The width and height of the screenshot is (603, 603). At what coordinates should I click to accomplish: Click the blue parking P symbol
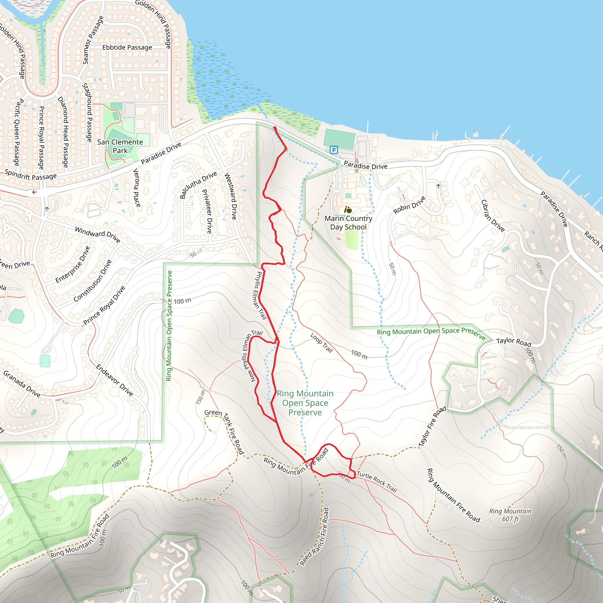(334, 150)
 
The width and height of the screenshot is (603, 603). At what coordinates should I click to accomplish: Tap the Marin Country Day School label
(348, 223)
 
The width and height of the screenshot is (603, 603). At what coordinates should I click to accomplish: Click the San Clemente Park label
(120, 146)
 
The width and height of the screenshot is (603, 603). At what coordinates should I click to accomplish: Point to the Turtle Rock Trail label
(377, 482)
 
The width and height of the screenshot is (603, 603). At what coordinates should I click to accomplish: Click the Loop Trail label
(322, 342)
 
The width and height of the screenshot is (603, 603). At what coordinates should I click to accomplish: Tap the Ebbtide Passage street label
(127, 47)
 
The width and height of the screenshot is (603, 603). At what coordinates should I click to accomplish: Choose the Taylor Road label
(514, 342)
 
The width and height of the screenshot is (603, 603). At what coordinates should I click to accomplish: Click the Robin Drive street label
(409, 205)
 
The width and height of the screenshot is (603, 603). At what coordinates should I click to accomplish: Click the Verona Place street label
(137, 188)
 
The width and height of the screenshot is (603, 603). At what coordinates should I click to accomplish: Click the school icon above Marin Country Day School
(348, 210)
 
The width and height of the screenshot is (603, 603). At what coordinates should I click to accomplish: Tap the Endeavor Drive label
(115, 380)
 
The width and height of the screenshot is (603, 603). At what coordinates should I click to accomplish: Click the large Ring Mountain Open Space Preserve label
(305, 403)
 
